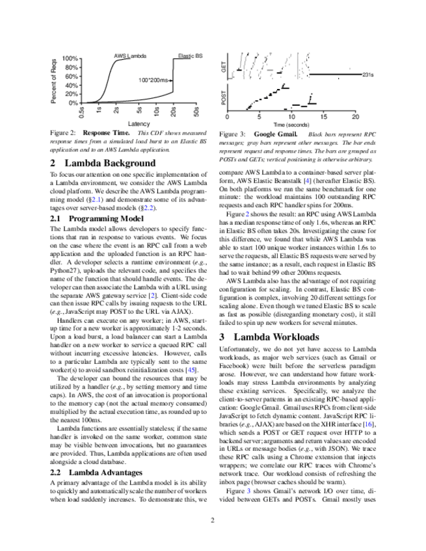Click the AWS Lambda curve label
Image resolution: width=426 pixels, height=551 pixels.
[130, 56]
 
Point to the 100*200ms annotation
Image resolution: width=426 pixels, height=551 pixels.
[154, 80]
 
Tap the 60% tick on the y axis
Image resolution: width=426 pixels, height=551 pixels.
[71, 77]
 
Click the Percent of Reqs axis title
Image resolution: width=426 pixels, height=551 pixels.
[54, 81]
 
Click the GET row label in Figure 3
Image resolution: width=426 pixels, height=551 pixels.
[224, 65]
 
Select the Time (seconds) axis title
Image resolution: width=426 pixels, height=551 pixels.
[291, 124]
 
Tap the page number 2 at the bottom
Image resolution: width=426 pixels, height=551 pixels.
[213, 520]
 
